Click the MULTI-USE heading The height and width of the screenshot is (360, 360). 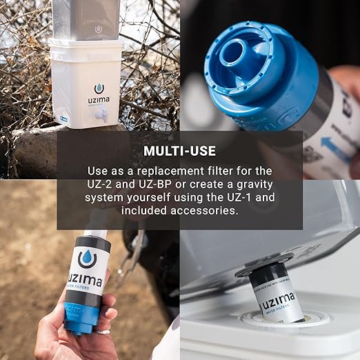click(180, 150)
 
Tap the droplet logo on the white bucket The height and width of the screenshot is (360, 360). click(99, 88)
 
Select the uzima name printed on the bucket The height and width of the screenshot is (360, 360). click(99, 100)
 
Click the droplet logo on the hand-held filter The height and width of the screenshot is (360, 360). click(88, 259)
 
